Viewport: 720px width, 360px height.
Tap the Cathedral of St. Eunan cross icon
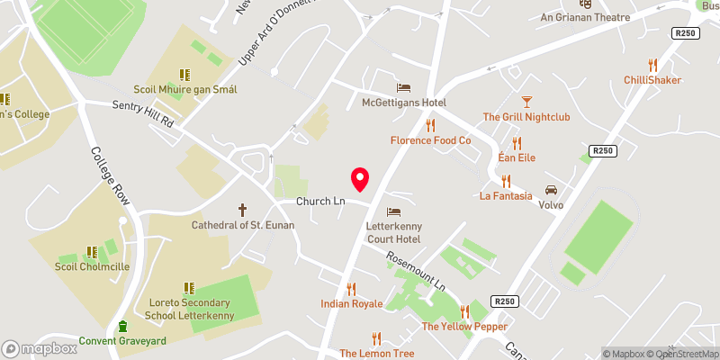tap(242, 209)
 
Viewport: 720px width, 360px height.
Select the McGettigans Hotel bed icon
tap(404, 87)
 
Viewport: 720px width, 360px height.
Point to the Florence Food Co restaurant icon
tap(431, 125)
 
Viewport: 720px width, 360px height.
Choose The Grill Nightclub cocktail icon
tap(526, 101)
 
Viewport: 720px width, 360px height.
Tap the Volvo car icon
tap(551, 190)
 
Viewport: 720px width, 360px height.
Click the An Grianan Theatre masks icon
tap(596, 3)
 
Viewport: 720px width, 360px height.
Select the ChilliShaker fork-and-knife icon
tap(652, 65)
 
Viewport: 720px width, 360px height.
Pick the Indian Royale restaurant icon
tap(352, 289)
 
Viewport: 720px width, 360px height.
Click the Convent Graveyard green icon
tap(123, 326)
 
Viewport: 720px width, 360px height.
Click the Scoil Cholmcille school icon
tap(91, 253)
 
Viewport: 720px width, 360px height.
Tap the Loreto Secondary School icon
tap(189, 288)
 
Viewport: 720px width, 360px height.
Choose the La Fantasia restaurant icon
tap(517, 179)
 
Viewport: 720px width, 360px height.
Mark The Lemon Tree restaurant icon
tap(376, 338)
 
